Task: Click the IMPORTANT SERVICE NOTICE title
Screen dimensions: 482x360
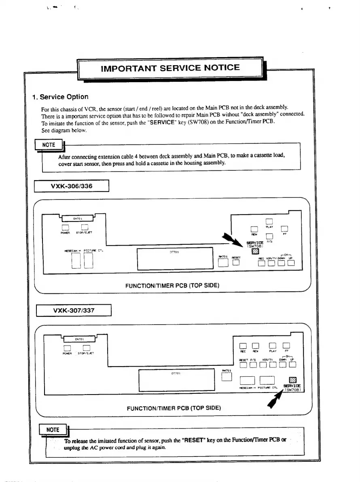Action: [170, 68]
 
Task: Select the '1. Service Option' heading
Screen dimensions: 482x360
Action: [60, 97]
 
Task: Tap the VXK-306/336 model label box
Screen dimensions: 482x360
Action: [72, 186]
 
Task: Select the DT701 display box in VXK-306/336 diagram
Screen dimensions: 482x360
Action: [175, 259]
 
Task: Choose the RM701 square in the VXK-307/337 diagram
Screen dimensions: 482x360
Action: [227, 376]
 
